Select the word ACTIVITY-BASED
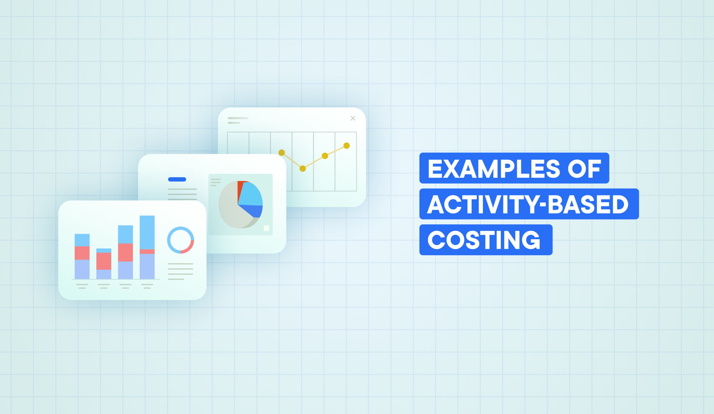tap(528, 204)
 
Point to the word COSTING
tap(484, 240)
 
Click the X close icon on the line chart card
tap(353, 118)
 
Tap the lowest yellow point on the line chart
tap(303, 168)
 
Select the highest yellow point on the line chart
tap(346, 146)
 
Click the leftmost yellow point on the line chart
tap(282, 152)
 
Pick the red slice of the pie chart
tap(240, 190)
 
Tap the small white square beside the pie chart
tap(266, 228)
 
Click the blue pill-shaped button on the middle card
tap(177, 179)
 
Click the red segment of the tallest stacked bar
tap(147, 251)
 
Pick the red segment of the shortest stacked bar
tap(104, 261)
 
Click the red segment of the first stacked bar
tap(82, 253)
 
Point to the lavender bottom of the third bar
tap(126, 270)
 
